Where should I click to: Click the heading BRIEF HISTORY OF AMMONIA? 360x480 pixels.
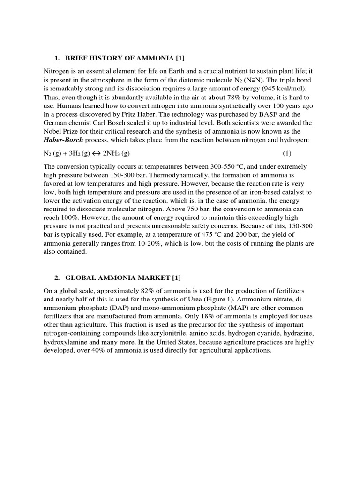(120, 58)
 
